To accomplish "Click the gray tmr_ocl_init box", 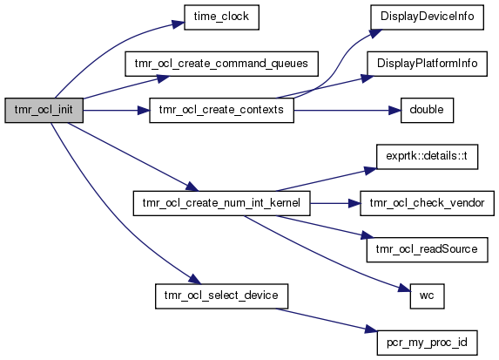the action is [x=44, y=110].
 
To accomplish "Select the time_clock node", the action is [x=221, y=17].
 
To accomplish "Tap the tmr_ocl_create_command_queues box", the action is [x=221, y=64].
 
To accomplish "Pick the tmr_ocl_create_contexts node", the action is [x=221, y=110].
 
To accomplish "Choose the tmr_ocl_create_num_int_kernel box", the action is [x=221, y=203].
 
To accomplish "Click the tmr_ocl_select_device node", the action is [x=221, y=296].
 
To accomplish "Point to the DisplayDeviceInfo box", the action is [x=427, y=17].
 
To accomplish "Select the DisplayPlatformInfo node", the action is [x=427, y=64].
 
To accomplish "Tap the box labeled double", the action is [x=427, y=110].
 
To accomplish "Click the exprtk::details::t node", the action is [x=427, y=157].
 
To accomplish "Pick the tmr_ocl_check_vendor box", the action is [x=427, y=203].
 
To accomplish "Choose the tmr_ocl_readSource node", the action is [x=427, y=250].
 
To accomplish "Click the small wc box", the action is [x=427, y=296].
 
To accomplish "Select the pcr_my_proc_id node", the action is [x=427, y=343].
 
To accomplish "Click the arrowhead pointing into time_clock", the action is [x=179, y=24].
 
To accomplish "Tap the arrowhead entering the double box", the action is [x=394, y=111].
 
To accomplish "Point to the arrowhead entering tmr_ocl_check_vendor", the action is [x=354, y=203].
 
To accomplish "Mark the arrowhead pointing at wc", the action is [x=404, y=289].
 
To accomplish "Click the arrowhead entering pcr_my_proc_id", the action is [x=371, y=329].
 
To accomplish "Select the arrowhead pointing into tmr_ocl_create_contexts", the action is [x=143, y=111].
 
